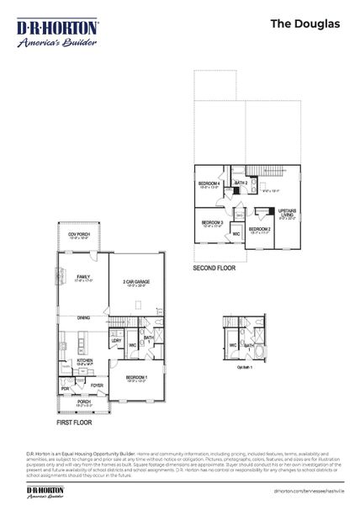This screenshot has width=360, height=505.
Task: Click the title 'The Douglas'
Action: (304, 24)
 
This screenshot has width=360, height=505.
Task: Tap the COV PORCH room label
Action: (77, 235)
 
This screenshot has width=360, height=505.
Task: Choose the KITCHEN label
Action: (85, 359)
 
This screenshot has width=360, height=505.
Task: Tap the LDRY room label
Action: (116, 340)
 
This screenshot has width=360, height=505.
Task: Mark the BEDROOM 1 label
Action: (137, 377)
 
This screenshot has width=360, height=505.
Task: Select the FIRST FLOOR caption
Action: (74, 423)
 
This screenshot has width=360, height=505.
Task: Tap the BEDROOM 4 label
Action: (209, 183)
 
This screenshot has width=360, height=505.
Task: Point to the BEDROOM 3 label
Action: (212, 222)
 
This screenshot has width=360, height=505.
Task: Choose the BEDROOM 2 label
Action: (259, 228)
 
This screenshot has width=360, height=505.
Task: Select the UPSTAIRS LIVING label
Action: (287, 213)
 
